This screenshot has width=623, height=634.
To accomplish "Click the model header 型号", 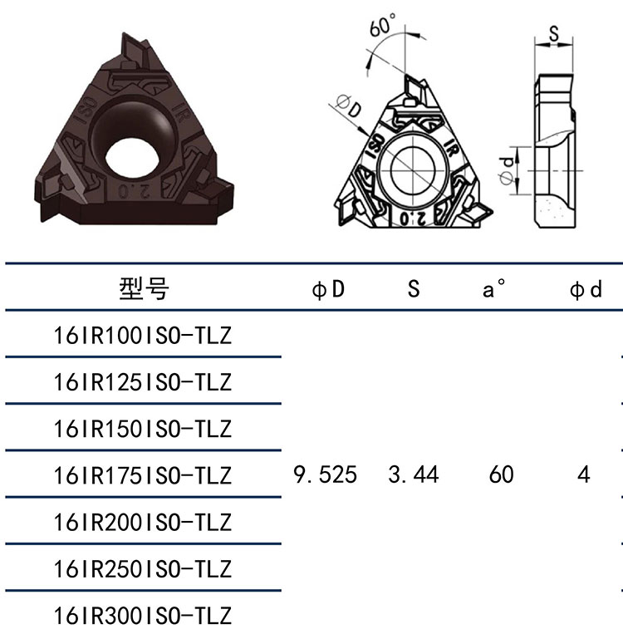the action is pyautogui.click(x=144, y=288).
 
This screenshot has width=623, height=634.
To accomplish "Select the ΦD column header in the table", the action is pyautogui.click(x=328, y=289).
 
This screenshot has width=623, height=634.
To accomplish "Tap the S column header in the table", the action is pyautogui.click(x=414, y=288).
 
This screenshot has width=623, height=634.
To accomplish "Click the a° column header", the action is pyautogui.click(x=493, y=288).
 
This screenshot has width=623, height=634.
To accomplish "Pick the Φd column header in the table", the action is pyautogui.click(x=586, y=289).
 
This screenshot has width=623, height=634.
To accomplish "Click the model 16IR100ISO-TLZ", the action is pyautogui.click(x=143, y=336).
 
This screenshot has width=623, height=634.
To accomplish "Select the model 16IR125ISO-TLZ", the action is pyautogui.click(x=143, y=382).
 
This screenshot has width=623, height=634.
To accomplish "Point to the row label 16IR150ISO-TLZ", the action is pyautogui.click(x=143, y=429).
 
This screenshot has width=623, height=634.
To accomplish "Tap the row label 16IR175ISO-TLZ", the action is pyautogui.click(x=143, y=475).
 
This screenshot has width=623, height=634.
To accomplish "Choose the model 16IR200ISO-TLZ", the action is pyautogui.click(x=143, y=523).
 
